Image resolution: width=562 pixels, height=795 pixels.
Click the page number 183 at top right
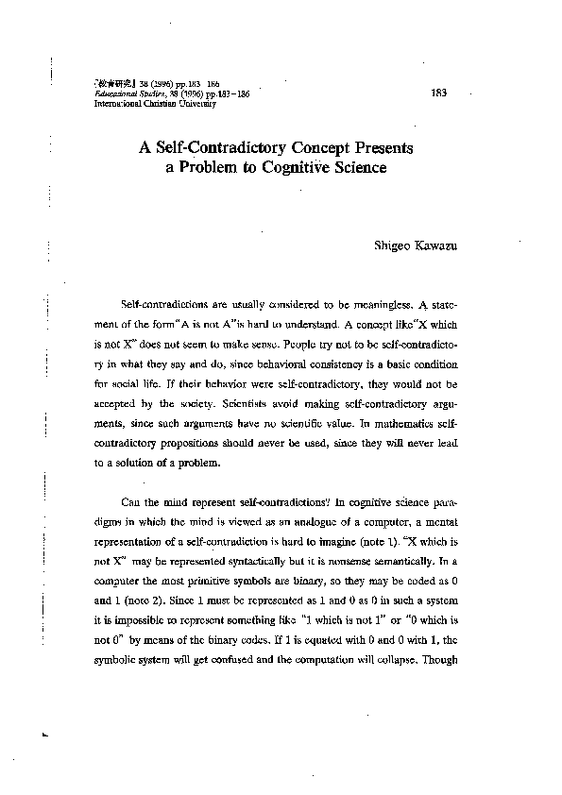[x=438, y=93]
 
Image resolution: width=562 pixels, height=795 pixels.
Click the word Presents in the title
[x=376, y=148]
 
